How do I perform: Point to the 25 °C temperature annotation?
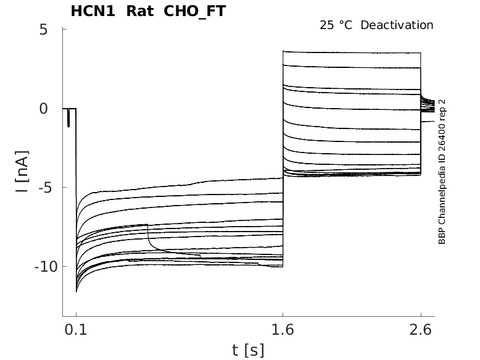click(x=337, y=25)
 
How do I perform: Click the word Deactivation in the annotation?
click(x=397, y=25)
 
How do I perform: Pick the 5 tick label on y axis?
click(x=43, y=30)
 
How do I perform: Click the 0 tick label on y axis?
click(x=43, y=109)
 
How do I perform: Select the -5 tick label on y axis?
click(x=39, y=188)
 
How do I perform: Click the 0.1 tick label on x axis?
click(x=76, y=331)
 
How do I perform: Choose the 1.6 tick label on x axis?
click(x=283, y=331)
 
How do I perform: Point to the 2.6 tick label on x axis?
click(x=421, y=331)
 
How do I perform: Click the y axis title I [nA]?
click(x=22, y=172)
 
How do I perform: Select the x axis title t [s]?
click(x=248, y=350)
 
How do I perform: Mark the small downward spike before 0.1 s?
click(x=68, y=120)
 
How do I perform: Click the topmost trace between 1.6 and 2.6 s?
click(x=352, y=52)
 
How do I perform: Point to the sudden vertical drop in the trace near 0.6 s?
click(x=148, y=235)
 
